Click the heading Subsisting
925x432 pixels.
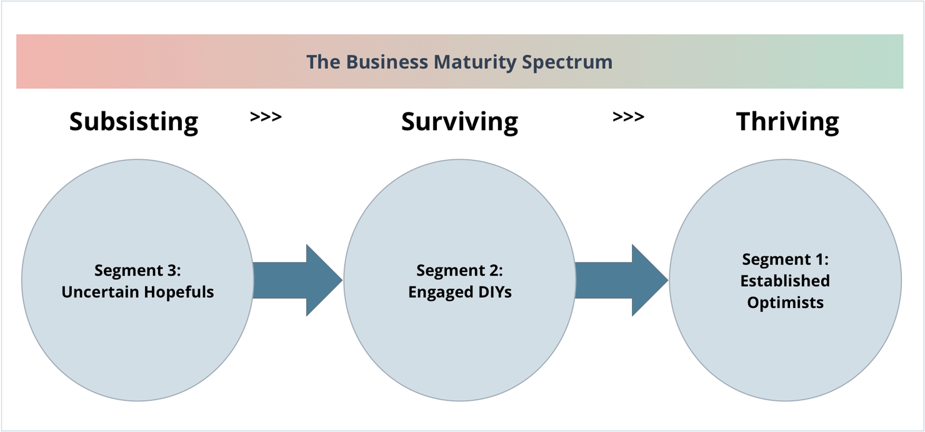coord(134,121)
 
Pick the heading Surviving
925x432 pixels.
coord(459,121)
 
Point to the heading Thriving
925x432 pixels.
coord(787,121)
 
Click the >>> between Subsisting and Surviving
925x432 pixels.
coord(266,117)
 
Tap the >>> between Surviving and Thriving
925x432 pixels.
coord(628,117)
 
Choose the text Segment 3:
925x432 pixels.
coord(137,270)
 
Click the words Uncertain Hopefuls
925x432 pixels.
coord(137,292)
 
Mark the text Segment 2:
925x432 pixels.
coord(459,270)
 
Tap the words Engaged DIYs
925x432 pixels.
coord(459,292)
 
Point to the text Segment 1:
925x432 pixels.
coord(785,259)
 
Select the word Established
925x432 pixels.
coord(785,281)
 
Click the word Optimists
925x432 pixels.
coord(785,303)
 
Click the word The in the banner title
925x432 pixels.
coord(323,62)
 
